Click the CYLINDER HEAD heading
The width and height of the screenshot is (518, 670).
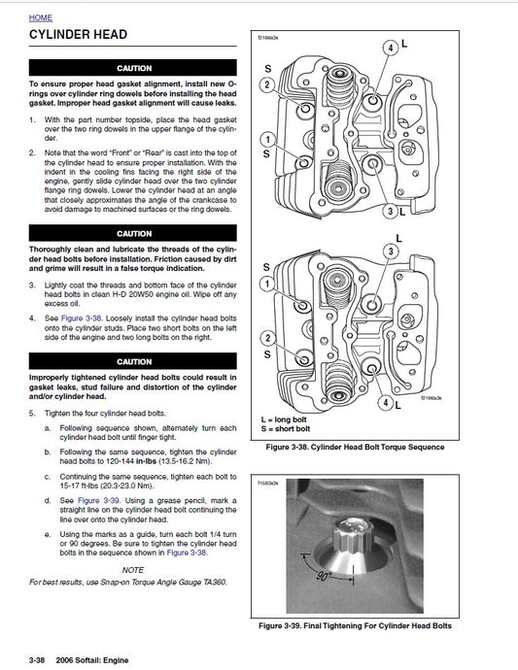tap(79, 35)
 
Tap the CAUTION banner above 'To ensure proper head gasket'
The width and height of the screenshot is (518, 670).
tap(133, 69)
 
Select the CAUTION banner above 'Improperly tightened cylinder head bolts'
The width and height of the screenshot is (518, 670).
tap(133, 361)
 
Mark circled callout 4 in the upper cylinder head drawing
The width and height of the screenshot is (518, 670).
tap(391, 47)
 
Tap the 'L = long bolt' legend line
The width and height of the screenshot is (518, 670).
tap(288, 419)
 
